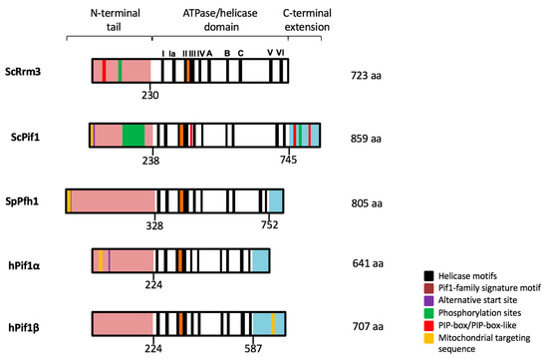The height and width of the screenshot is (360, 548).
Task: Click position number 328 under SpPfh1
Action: [155, 223]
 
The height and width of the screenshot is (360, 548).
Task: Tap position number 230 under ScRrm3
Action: [150, 96]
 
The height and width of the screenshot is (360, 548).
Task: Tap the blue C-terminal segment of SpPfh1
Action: [275, 200]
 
